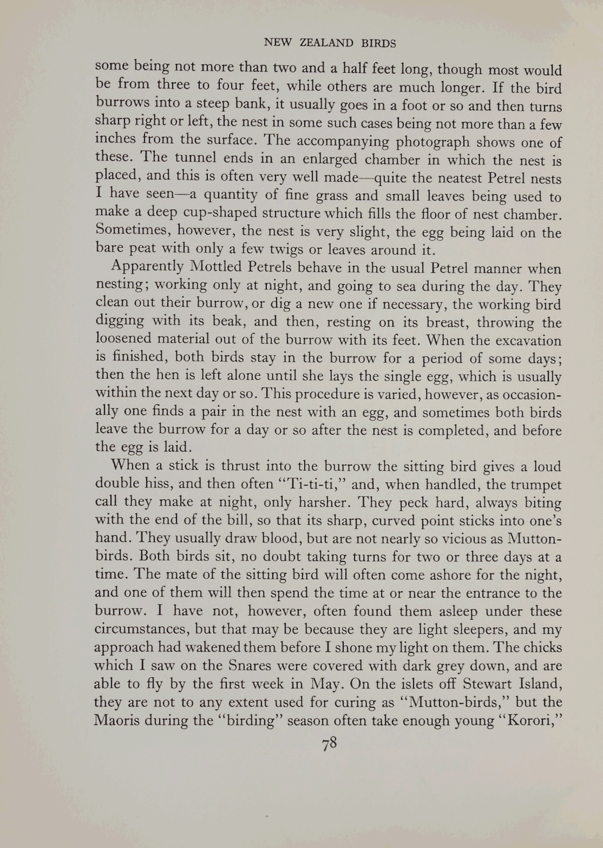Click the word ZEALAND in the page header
tap(326, 43)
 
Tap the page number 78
tap(329, 744)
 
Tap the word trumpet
tap(534, 485)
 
